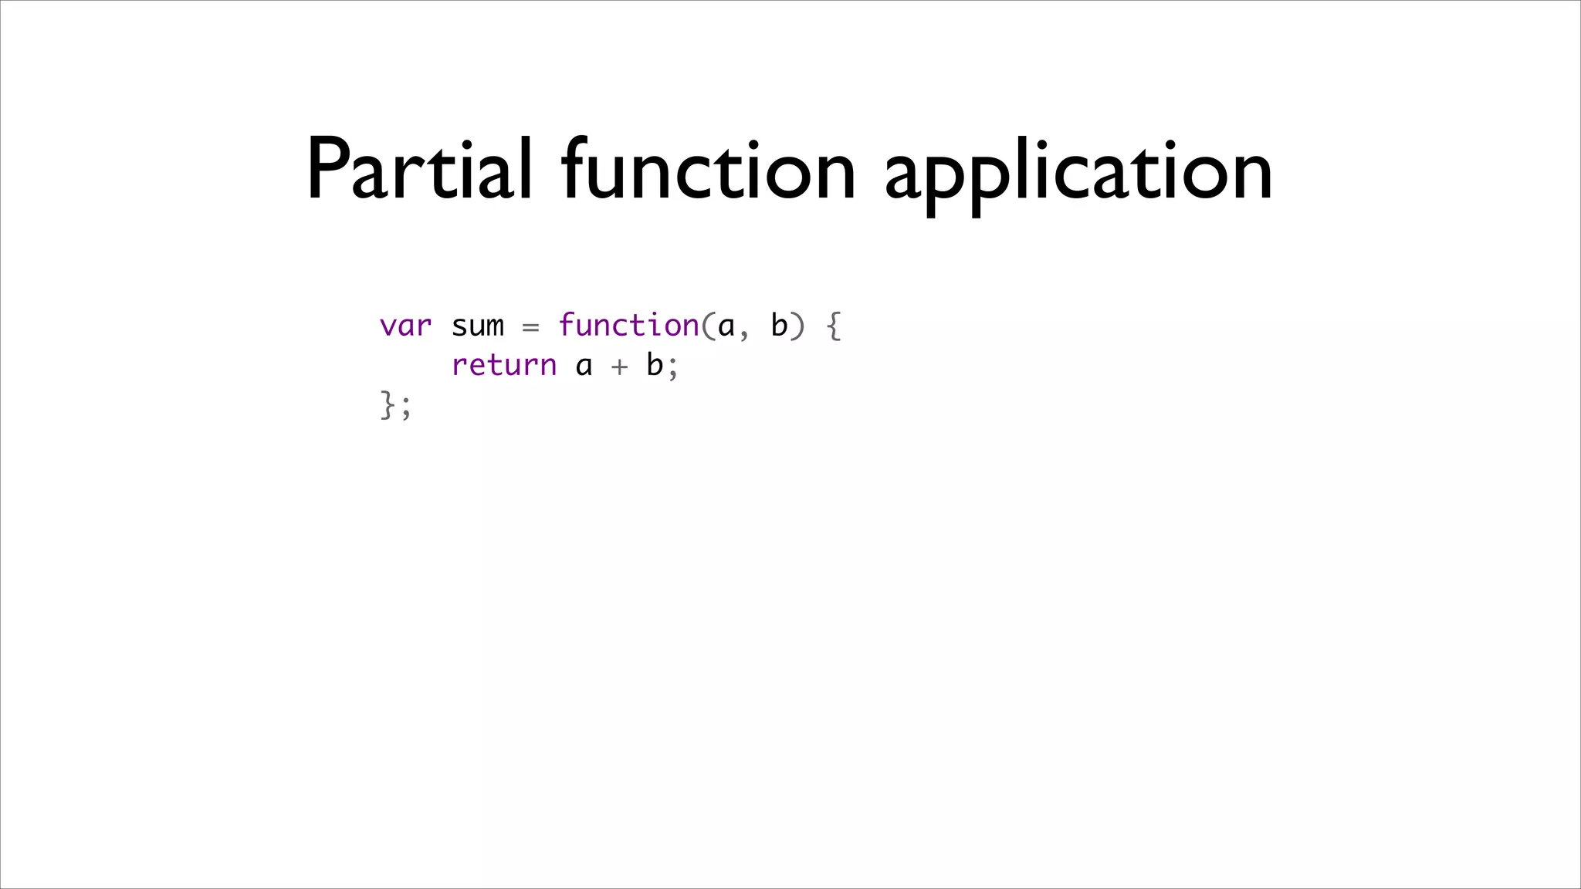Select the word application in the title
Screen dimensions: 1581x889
[1078, 174]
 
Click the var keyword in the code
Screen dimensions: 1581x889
[405, 326]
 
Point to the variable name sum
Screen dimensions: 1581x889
[477, 326]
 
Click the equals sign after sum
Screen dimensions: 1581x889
[530, 327]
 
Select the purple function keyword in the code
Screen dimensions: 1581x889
[628, 325]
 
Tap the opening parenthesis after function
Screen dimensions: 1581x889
[708, 326]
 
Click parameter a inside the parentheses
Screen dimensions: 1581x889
[726, 327]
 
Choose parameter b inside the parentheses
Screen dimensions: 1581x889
[779, 325]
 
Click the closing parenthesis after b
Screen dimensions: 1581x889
[797, 326]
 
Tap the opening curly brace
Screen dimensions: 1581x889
[834, 326]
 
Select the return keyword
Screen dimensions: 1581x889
[503, 365]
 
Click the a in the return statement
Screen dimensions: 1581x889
[584, 367]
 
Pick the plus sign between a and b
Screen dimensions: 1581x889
[619, 367]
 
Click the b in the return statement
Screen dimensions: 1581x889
[655, 364]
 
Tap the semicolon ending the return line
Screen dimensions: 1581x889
[673, 368]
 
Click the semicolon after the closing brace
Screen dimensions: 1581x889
[406, 408]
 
